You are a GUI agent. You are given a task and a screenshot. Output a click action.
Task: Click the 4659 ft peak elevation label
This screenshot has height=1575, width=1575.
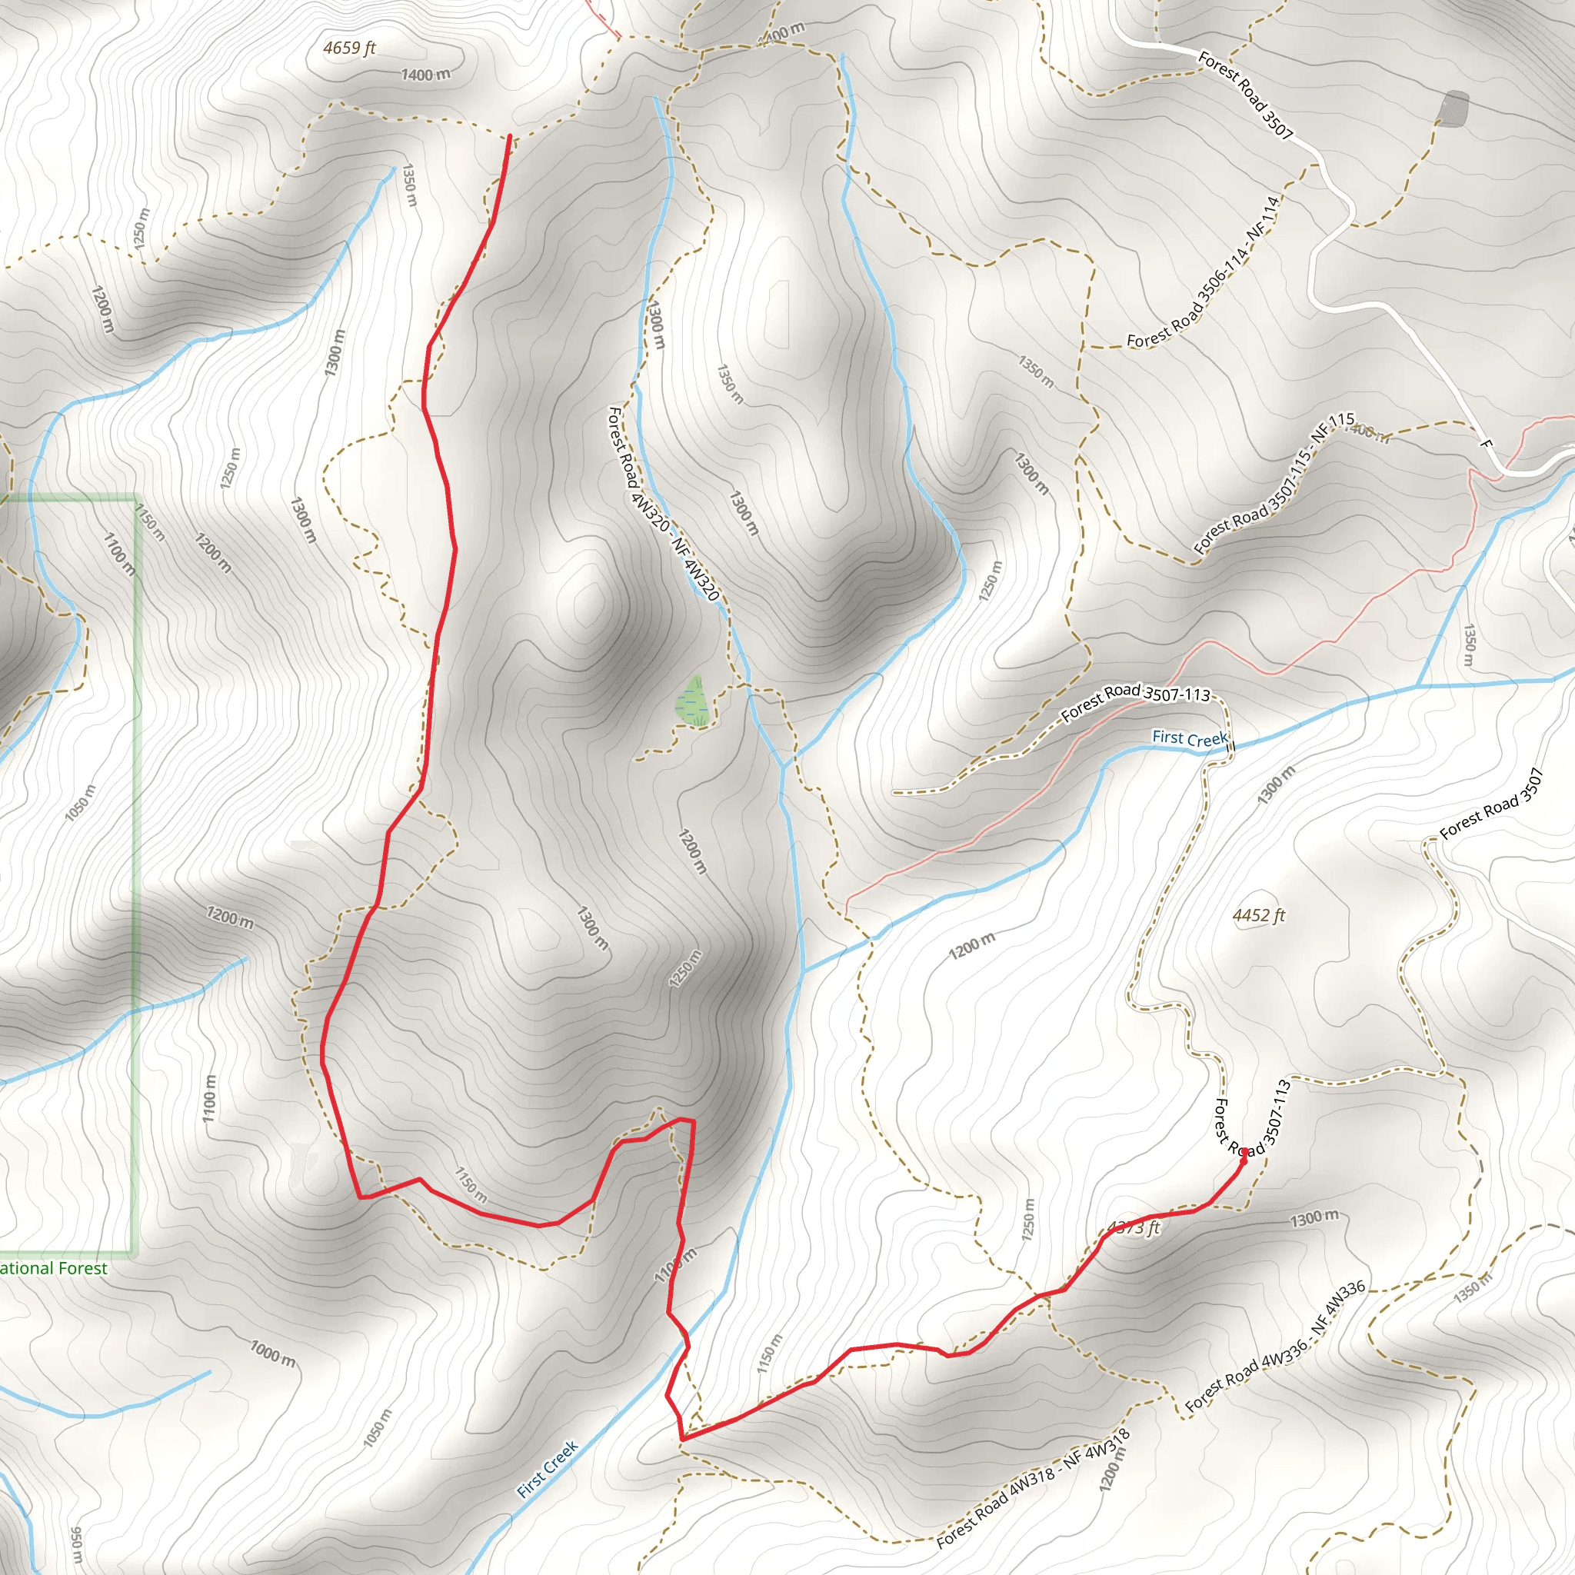click(349, 48)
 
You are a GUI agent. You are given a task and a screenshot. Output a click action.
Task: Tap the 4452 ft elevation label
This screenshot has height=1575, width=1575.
click(1258, 915)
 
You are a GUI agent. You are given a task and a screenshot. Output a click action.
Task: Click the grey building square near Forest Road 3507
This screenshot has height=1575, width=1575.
click(1453, 109)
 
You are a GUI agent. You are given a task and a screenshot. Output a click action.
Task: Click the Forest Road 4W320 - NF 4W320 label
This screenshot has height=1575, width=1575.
click(662, 504)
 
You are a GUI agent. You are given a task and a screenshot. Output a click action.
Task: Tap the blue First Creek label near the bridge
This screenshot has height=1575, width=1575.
click(1190, 738)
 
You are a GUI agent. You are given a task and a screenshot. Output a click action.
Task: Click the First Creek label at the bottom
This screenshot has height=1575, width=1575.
click(548, 1469)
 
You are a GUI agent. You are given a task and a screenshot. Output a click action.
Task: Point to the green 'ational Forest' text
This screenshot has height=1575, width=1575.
click(54, 1268)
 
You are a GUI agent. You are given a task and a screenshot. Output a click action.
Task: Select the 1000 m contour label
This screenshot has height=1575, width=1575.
click(272, 1354)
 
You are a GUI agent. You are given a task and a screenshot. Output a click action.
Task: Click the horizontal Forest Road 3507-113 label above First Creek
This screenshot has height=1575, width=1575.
click(1136, 702)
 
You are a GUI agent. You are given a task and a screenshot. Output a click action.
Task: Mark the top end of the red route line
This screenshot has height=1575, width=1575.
click(510, 136)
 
